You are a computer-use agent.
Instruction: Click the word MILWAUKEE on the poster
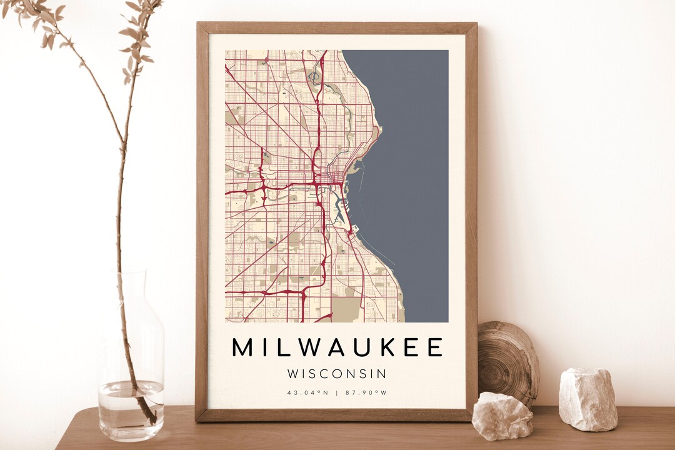point(337,347)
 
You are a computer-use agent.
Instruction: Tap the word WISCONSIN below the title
point(337,374)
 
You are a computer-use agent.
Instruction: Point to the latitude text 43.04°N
point(307,393)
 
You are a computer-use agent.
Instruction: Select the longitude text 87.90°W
point(367,393)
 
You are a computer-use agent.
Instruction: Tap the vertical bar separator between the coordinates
point(337,393)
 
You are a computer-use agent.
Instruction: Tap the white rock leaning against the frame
point(502,416)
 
